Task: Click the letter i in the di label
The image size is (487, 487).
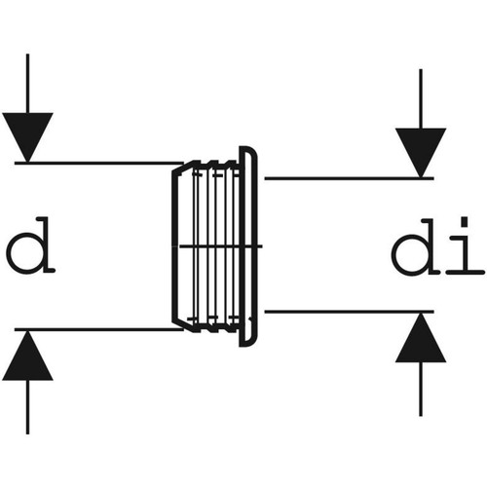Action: click(x=465, y=246)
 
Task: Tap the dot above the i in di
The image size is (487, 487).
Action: click(x=465, y=222)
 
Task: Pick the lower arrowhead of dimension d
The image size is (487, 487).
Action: click(x=27, y=356)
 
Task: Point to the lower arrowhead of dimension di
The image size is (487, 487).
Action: click(x=421, y=338)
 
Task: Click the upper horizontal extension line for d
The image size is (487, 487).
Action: click(x=99, y=163)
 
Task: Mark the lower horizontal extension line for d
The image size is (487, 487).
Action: click(x=99, y=329)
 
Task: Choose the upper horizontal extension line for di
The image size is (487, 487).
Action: click(x=350, y=178)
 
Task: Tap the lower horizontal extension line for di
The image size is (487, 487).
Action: click(x=350, y=312)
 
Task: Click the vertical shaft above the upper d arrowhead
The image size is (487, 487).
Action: click(x=27, y=84)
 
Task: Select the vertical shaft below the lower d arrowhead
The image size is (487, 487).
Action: click(x=27, y=407)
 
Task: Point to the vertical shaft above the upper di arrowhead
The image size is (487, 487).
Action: click(x=421, y=98)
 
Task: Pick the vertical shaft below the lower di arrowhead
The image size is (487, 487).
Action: click(x=421, y=389)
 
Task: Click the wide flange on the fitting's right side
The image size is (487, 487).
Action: click(x=249, y=246)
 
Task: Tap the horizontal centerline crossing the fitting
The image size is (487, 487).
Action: click(x=221, y=246)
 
